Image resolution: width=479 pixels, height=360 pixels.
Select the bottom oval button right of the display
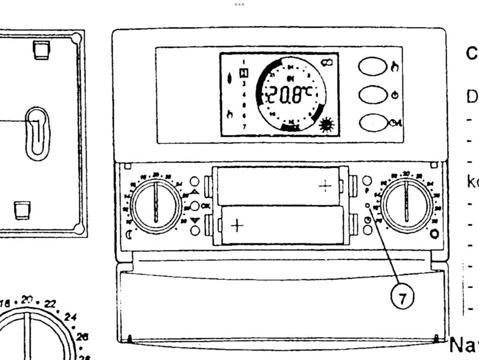point(372,123)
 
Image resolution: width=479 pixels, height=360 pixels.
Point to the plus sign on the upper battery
point(325,186)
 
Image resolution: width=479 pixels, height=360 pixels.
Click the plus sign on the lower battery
point(237,225)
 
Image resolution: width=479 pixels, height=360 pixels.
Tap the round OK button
point(194,206)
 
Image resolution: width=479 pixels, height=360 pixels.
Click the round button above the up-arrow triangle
point(194,182)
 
